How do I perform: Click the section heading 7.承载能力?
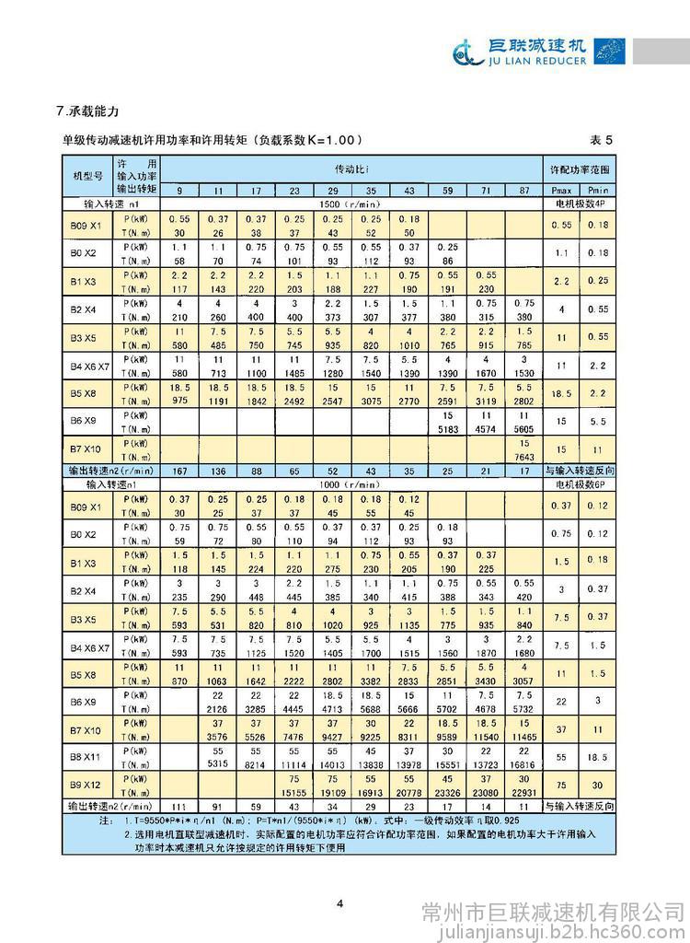[87, 111]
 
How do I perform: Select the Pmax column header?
[561, 189]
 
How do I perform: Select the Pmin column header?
[598, 189]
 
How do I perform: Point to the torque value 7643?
[523, 459]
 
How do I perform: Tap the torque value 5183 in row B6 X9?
[447, 429]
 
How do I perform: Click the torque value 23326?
[447, 794]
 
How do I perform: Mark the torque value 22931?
[523, 794]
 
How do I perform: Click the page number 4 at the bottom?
[339, 902]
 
